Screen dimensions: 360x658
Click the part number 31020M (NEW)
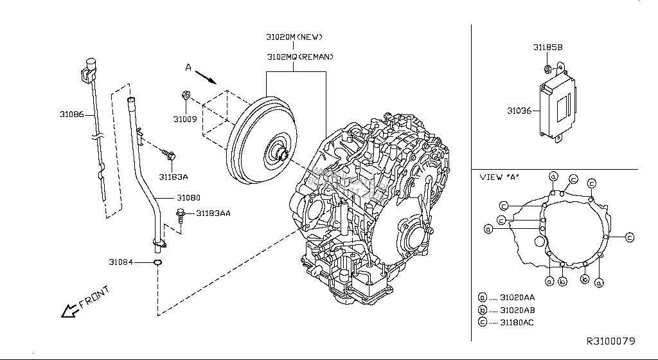294,37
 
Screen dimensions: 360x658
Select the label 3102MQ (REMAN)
300,57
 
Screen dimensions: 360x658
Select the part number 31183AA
213,213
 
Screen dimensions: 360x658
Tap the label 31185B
547,48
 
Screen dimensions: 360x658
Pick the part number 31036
519,111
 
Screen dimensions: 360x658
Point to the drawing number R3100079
610,340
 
